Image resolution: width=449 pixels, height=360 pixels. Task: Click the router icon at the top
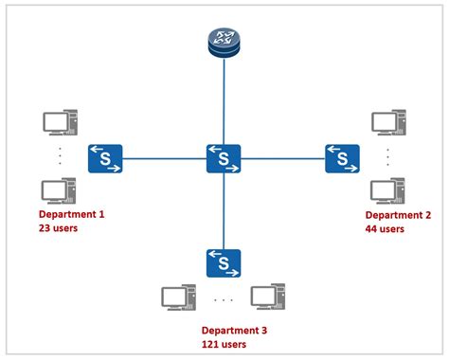[224, 41]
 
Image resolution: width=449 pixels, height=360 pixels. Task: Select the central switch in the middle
[224, 158]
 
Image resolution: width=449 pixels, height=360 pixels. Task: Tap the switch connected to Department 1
[105, 158]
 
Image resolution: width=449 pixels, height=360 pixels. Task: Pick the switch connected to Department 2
[342, 158]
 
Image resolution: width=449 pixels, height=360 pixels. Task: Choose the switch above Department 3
[224, 263]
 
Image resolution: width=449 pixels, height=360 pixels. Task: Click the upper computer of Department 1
[59, 125]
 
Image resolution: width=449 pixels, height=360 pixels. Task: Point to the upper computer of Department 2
[386, 125]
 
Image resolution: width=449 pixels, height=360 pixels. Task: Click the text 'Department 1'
[71, 215]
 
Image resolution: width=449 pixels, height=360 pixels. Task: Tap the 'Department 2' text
[398, 215]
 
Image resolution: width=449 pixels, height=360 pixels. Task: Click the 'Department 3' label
[234, 330]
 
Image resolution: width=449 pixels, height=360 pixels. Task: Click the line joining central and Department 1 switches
[164, 158]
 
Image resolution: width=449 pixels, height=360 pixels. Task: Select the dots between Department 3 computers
[224, 299]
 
